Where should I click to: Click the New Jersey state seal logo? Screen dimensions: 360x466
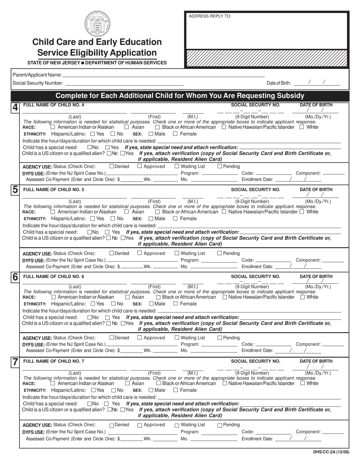(97, 23)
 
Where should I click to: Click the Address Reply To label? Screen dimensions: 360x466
(210, 16)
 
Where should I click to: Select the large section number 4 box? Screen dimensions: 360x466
(15, 107)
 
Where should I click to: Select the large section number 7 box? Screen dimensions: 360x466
(15, 362)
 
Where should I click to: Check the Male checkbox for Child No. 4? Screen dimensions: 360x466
(151, 134)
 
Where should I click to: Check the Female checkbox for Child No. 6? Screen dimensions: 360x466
(176, 303)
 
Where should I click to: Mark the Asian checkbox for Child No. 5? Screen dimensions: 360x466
(127, 212)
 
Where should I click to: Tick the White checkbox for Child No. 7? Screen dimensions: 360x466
(302, 383)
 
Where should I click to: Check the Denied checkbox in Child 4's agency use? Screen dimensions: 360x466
(111, 166)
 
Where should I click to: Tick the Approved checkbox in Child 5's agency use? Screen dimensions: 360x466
(139, 253)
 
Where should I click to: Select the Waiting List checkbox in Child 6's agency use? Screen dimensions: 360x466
(177, 338)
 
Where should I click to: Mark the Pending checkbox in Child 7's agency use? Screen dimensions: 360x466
(220, 425)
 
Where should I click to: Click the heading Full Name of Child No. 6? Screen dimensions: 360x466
(54, 277)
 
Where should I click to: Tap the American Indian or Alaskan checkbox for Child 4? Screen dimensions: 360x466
(53, 127)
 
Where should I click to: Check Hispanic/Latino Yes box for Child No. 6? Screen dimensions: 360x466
(93, 303)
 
